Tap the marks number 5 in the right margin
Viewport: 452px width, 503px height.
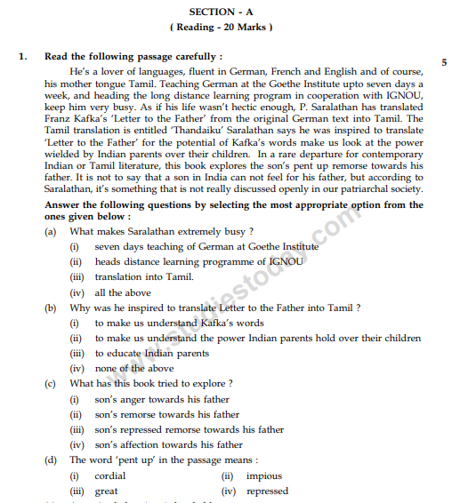[443, 62]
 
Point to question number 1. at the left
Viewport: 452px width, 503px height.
[23, 56]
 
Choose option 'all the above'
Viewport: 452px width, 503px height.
[123, 292]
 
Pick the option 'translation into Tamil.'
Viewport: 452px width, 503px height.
[144, 277]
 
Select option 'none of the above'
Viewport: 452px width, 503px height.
[134, 368]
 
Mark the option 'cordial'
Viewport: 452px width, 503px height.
[110, 475]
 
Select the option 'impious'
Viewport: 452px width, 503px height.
[263, 475]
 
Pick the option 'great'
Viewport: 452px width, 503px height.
[107, 491]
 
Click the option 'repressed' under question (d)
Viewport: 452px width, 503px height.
[267, 491]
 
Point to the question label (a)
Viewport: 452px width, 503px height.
[51, 231]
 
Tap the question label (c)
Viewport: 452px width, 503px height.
[51, 383]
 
